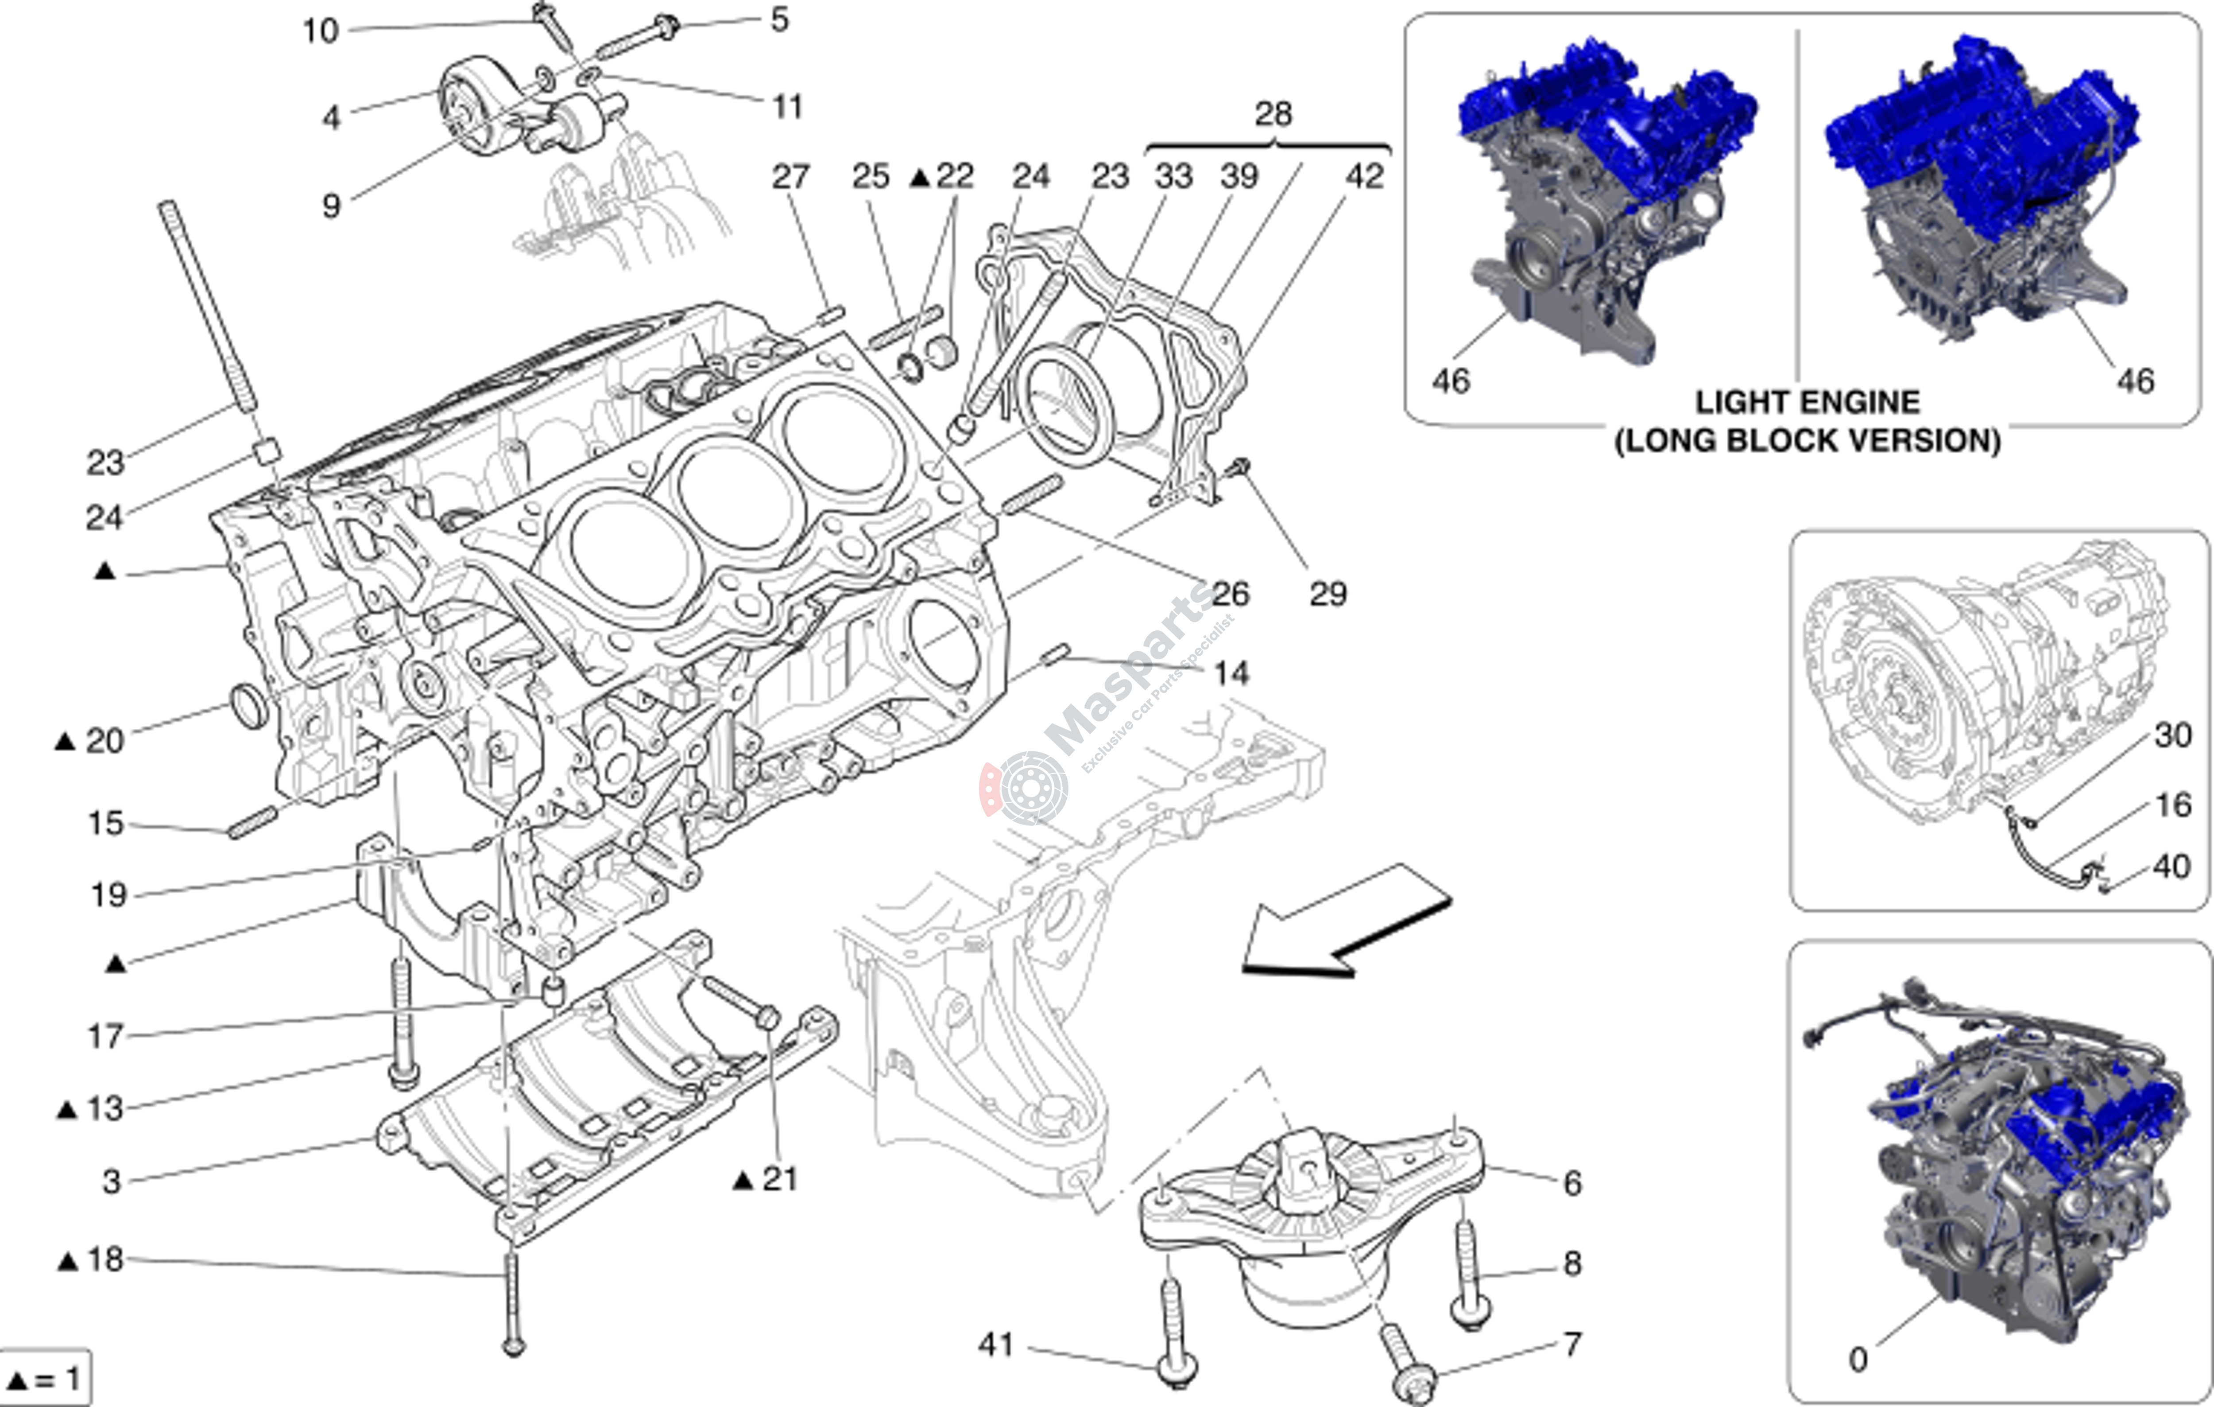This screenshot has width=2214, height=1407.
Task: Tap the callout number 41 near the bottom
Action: click(x=996, y=1345)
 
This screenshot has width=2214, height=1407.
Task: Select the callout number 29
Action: click(x=1328, y=594)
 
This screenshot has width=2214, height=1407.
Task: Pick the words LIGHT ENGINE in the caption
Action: click(x=1807, y=403)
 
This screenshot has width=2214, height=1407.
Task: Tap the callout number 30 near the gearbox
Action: click(x=2173, y=736)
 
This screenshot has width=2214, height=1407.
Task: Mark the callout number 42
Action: click(x=1363, y=177)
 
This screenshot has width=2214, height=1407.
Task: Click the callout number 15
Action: click(x=105, y=823)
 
